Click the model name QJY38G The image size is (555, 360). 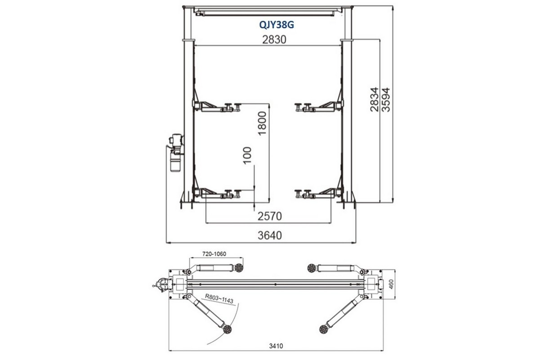[277, 25]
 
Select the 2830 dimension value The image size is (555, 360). [274, 40]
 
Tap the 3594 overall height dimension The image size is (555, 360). [386, 100]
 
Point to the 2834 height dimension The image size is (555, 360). [374, 99]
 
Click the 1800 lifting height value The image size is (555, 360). [262, 123]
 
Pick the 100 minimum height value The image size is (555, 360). [247, 155]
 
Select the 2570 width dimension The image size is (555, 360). [270, 216]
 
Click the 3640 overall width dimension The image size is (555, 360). [270, 235]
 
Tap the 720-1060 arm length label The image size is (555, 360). [215, 254]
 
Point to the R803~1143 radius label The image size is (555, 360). [219, 298]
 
